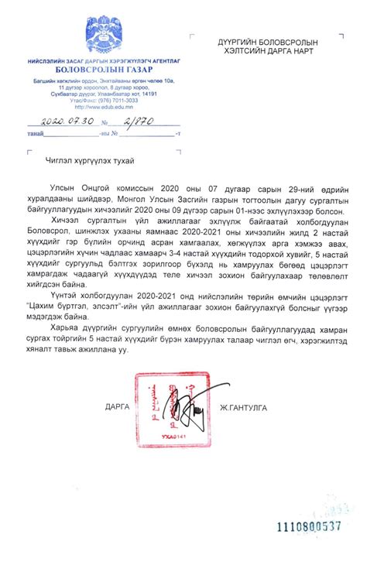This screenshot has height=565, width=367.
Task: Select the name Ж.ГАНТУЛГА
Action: coord(252,406)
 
